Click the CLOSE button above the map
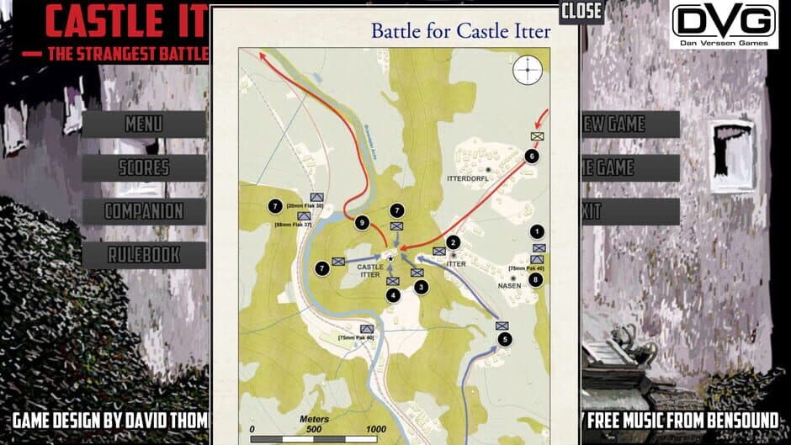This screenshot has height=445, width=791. click(x=581, y=11)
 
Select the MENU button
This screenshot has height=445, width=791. click(x=144, y=124)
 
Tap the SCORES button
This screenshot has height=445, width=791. click(x=144, y=167)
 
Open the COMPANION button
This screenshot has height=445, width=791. click(x=144, y=211)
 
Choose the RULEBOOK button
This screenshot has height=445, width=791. click(x=144, y=254)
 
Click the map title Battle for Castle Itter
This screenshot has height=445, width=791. click(x=461, y=32)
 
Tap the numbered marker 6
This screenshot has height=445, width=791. click(x=531, y=156)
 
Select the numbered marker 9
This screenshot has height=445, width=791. click(x=361, y=223)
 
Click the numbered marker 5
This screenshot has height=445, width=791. click(x=504, y=340)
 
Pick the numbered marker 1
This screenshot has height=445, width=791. click(x=538, y=231)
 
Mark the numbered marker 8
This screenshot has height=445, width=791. click(x=537, y=279)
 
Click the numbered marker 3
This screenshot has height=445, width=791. click(x=421, y=287)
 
